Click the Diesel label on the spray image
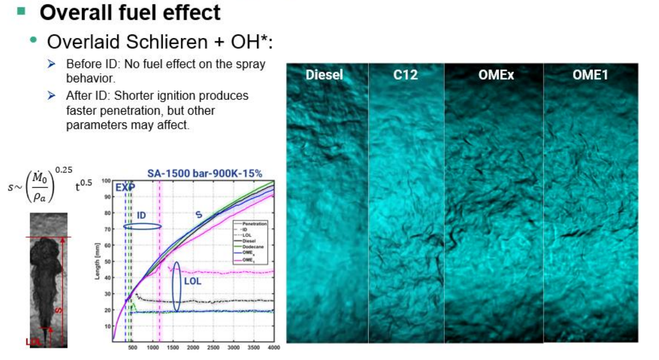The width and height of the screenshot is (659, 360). click(324, 75)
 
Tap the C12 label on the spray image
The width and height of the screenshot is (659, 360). click(406, 75)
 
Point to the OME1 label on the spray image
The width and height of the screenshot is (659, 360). click(590, 75)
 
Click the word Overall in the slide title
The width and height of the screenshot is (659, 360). click(75, 12)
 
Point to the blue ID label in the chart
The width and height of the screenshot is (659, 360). click(142, 215)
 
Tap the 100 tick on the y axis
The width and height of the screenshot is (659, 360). click(105, 181)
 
